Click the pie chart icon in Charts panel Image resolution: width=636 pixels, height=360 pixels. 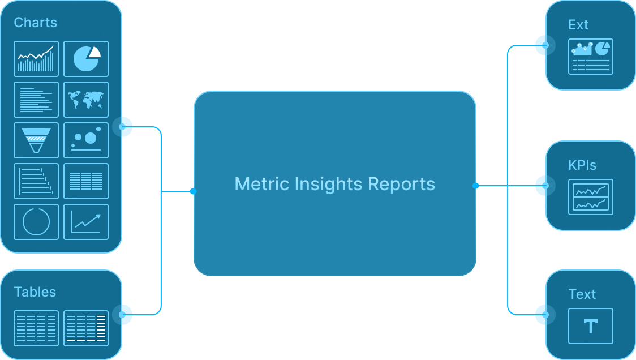coord(86,59)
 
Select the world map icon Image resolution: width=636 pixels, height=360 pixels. coord(86,100)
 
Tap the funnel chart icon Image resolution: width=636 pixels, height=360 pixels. coord(36,140)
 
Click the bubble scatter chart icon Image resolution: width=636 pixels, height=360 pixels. coord(86,140)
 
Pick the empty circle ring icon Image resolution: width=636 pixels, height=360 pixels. coord(36,222)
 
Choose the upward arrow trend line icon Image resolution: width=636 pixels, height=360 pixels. coord(86,222)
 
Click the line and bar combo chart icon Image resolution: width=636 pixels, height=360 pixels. coord(36,59)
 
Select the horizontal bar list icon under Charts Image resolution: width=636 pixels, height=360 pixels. coord(36,100)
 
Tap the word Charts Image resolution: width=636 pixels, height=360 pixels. coord(36,23)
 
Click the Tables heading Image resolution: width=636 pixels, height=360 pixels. coord(35,292)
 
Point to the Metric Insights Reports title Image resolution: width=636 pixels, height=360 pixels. coord(334,184)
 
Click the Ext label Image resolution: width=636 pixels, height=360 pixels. coord(578,25)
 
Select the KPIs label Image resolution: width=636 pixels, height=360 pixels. coord(582,165)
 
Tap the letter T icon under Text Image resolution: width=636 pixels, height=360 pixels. coord(591,326)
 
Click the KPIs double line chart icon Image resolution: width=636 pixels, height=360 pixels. coord(591,197)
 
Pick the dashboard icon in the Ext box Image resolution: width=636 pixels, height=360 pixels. coord(591,57)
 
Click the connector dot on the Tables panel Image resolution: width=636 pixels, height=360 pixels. coord(122,314)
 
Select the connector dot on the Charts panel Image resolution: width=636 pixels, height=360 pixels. coord(122,127)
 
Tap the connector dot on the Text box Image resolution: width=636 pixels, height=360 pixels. coord(545,314)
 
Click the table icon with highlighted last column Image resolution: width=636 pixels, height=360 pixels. coord(86,328)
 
